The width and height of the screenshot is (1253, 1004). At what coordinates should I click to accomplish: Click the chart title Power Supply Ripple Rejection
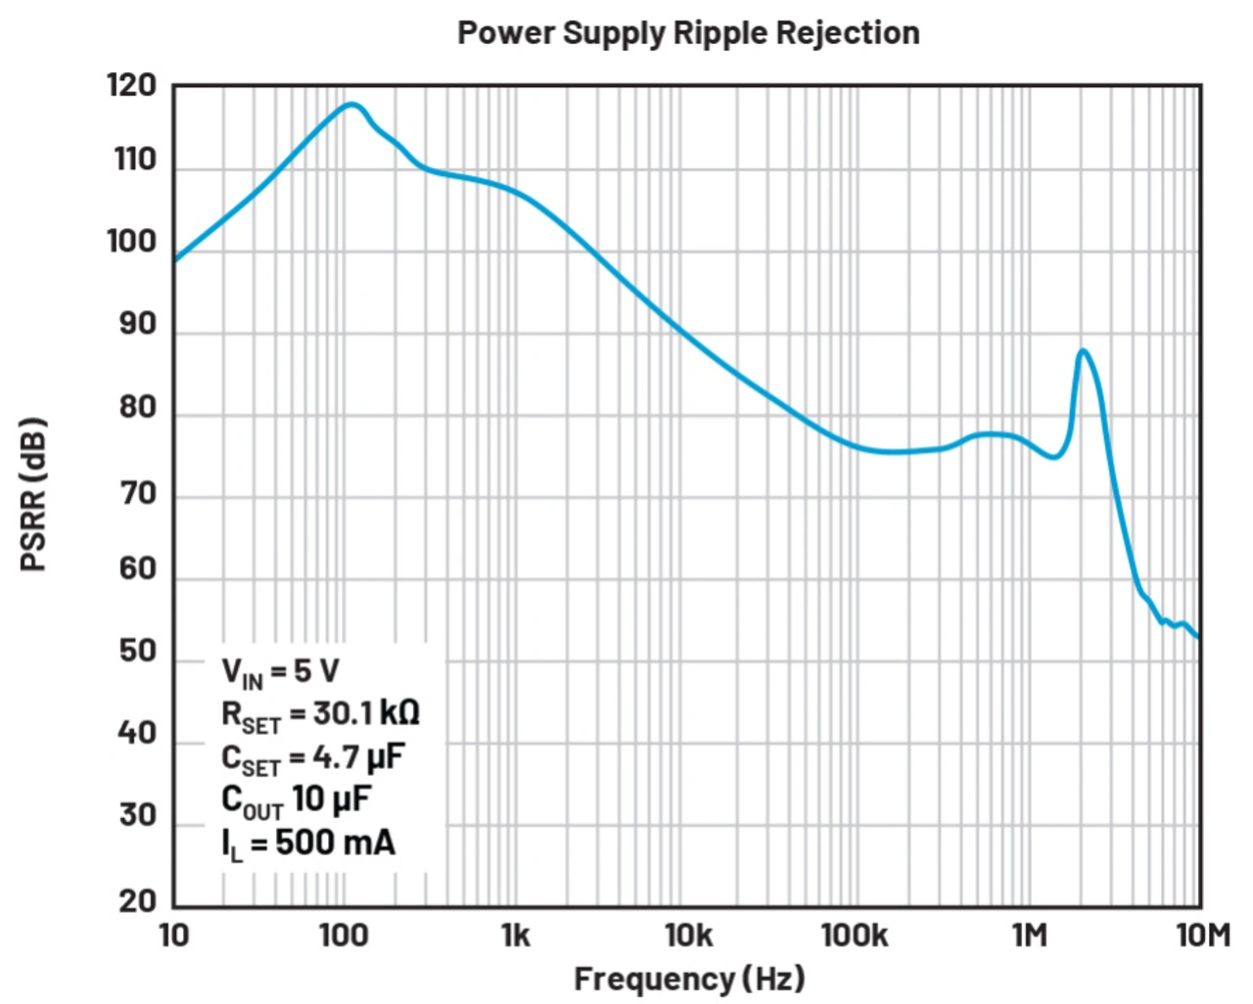point(688,33)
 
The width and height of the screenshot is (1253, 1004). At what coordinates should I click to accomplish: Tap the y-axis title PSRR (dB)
point(33,494)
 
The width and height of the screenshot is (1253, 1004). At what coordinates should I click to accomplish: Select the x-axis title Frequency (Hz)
point(688,978)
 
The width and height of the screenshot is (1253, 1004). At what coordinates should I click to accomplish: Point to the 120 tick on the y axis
point(132,86)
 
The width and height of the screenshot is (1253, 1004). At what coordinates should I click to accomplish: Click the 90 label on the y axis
point(137,324)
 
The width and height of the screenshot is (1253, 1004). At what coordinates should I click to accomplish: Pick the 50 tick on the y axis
point(137,651)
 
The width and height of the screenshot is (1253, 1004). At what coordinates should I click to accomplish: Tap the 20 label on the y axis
point(137,901)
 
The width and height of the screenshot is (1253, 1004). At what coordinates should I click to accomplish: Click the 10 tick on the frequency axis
point(173,936)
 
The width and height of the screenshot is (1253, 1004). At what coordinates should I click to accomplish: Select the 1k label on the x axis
point(515,936)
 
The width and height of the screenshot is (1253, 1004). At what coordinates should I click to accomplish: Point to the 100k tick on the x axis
point(855,936)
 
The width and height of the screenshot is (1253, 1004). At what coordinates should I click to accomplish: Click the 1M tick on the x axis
point(1029,936)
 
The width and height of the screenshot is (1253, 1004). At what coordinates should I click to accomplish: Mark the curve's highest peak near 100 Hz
point(351,104)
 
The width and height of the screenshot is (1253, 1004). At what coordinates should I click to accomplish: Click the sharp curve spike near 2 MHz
point(1082,350)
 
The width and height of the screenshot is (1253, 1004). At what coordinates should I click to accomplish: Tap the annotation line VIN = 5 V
point(280,672)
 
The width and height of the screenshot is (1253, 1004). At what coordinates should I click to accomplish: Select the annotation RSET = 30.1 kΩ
point(320,715)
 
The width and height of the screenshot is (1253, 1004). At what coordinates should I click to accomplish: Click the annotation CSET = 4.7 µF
point(312,758)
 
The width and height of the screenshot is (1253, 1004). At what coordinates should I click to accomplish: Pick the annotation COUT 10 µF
point(296,800)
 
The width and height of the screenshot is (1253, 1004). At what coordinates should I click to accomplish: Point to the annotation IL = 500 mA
point(307,844)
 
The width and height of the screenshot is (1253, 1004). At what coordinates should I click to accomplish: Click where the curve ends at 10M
point(1199,637)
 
